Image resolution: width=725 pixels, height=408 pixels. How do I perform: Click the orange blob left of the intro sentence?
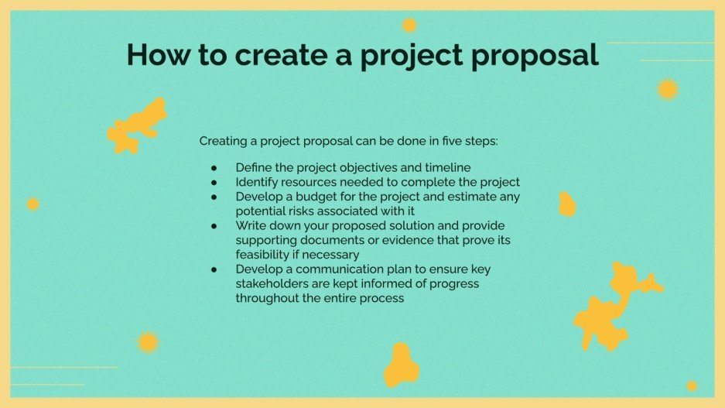tap(137, 125)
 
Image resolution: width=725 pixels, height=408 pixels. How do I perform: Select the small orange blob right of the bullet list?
tap(567, 204)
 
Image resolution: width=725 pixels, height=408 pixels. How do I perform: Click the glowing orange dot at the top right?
tap(668, 89)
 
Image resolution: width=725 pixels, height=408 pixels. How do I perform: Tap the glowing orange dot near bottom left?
tap(148, 342)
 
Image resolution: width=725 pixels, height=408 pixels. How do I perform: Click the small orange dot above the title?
tap(409, 26)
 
